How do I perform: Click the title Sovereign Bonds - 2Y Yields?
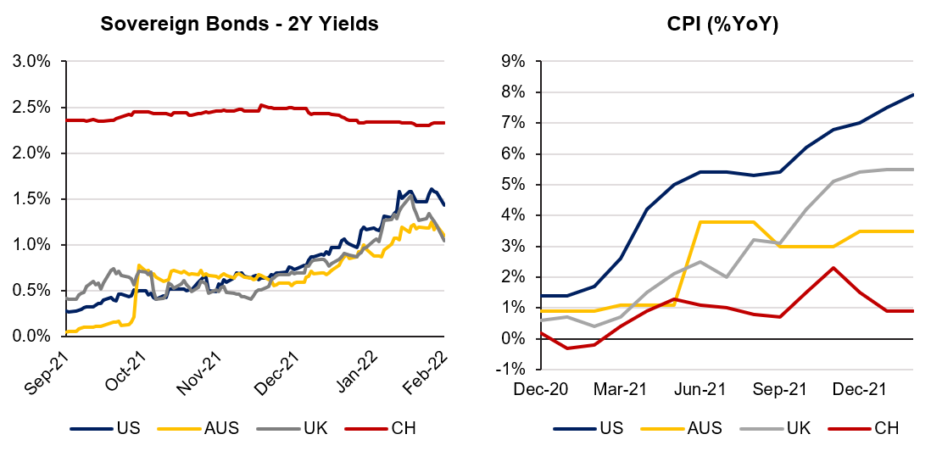tap(239, 24)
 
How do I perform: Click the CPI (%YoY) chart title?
tap(722, 24)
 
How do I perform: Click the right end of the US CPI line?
tap(913, 94)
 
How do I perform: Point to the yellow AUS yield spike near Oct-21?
tap(137, 265)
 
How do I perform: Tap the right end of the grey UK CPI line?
tap(913, 170)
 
